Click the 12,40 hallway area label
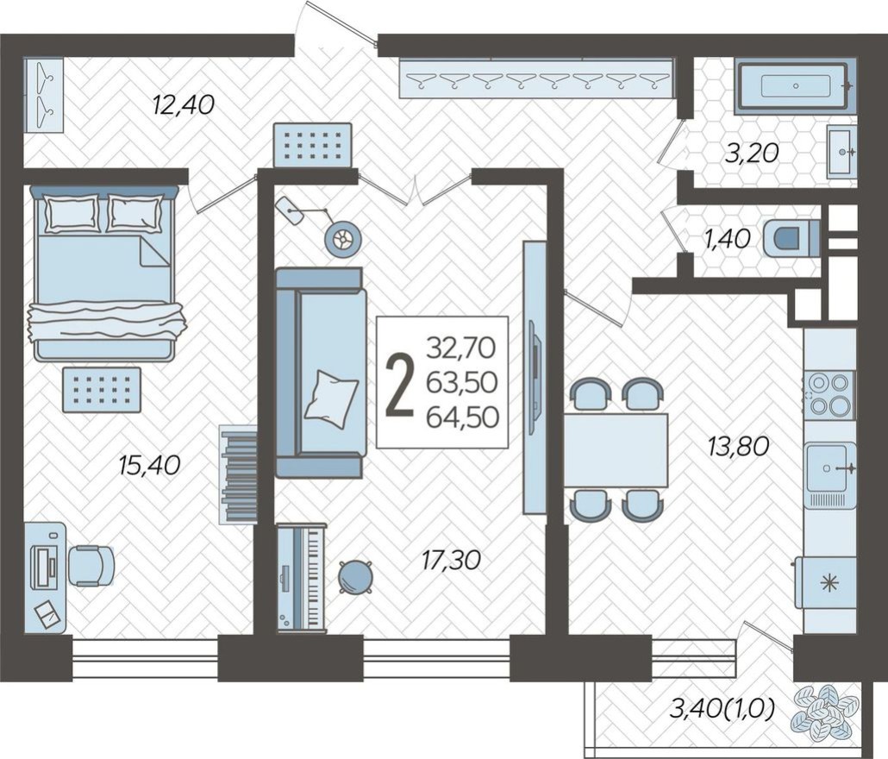tap(182, 105)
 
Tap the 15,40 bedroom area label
tap(149, 465)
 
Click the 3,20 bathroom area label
tap(752, 154)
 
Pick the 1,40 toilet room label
tap(728, 239)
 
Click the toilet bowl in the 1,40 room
tap(790, 239)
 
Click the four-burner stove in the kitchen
tap(830, 394)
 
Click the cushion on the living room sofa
tap(332, 396)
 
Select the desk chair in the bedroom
tap(91, 566)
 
